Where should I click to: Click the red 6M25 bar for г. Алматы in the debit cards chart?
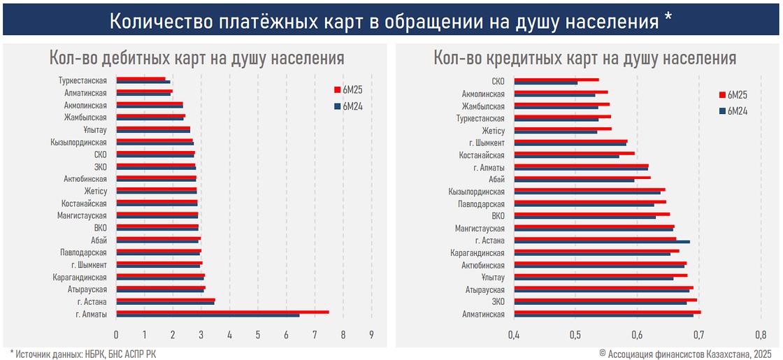pos(222,312)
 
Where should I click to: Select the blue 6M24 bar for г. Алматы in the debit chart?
pos(208,315)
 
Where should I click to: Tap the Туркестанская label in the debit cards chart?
pos(82,80)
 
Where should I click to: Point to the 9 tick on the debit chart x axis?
pos(371,334)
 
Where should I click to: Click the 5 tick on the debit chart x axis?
pos(258,334)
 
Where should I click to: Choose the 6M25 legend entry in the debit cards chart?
pos(352,89)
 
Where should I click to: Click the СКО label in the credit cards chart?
pos(498,81)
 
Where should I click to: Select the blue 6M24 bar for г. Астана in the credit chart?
pos(602,242)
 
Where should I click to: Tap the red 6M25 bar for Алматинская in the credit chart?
pos(607,312)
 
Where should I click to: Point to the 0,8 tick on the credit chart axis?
pos(761,334)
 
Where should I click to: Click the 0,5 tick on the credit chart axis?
pos(575,334)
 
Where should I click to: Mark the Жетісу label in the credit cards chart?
pos(493,130)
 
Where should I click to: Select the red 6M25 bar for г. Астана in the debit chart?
pos(166,299)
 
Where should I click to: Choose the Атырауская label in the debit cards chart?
pos(87,289)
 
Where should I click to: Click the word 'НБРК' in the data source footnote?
pos(87,354)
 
